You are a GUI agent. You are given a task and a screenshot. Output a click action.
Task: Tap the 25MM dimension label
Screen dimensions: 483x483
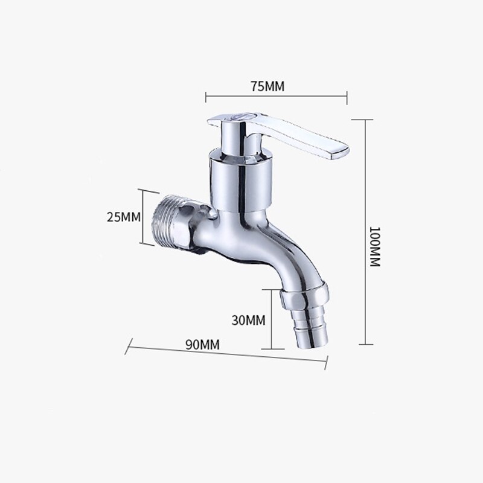click(123, 216)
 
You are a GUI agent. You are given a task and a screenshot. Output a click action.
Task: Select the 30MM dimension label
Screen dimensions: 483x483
click(248, 320)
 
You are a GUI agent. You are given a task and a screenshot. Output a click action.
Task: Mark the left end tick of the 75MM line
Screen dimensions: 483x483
click(206, 95)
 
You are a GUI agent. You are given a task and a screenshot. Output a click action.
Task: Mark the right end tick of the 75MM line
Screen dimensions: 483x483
click(347, 95)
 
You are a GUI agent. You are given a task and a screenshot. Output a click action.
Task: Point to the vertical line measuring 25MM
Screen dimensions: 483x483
click(144, 216)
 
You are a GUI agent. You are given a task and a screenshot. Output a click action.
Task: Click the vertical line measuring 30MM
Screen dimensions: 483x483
click(272, 319)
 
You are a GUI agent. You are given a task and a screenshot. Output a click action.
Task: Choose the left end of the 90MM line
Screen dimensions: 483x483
click(129, 347)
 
